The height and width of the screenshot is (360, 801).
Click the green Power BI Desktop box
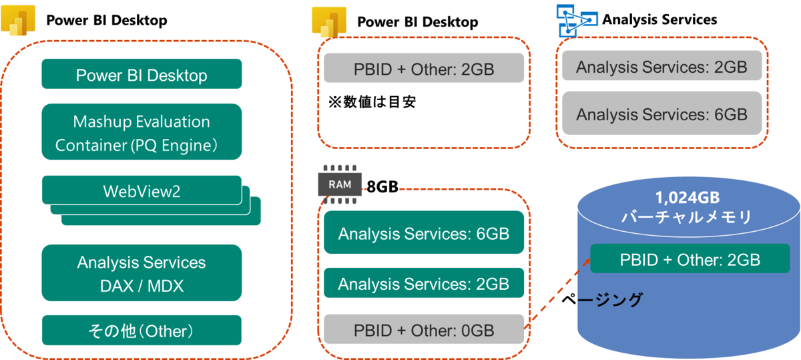point(142,75)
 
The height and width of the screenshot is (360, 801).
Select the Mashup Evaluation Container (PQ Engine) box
point(142,132)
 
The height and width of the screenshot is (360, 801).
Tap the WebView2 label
point(142,191)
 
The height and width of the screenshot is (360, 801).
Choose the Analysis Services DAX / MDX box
point(142,273)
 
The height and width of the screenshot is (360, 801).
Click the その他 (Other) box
point(142,331)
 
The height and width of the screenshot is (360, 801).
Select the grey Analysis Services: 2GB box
point(661,67)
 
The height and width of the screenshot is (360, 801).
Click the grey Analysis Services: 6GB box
point(661,114)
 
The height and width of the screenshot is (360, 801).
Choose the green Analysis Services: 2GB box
point(423,283)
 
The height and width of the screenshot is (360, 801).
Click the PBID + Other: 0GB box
point(423,330)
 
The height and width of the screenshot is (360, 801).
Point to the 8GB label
point(382,188)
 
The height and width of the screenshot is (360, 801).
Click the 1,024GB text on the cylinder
point(688,198)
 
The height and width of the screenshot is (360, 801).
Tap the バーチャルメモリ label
point(688,217)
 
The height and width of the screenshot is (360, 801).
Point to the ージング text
point(609,300)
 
